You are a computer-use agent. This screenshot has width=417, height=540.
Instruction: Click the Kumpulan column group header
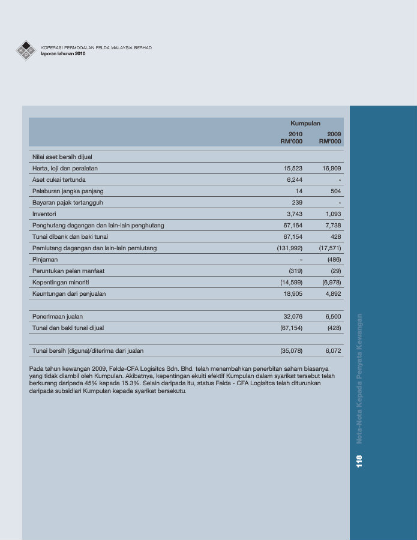click(x=305, y=123)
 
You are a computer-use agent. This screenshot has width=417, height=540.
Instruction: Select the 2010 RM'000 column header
click(x=292, y=137)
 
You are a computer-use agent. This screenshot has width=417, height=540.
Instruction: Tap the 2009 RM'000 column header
click(x=330, y=137)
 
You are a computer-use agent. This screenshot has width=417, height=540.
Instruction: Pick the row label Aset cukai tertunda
click(x=59, y=179)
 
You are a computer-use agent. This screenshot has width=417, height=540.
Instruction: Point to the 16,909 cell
click(x=331, y=168)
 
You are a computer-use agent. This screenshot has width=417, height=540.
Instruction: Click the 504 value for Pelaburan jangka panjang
click(x=335, y=191)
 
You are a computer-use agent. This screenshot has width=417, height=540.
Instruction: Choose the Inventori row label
click(x=44, y=214)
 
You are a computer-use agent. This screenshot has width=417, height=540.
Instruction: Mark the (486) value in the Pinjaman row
click(x=334, y=259)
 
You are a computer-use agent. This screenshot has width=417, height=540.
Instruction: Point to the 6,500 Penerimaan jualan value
click(x=333, y=316)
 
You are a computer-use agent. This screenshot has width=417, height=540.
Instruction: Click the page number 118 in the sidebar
click(x=359, y=461)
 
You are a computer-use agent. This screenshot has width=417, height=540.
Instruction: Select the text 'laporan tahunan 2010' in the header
click(x=64, y=53)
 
